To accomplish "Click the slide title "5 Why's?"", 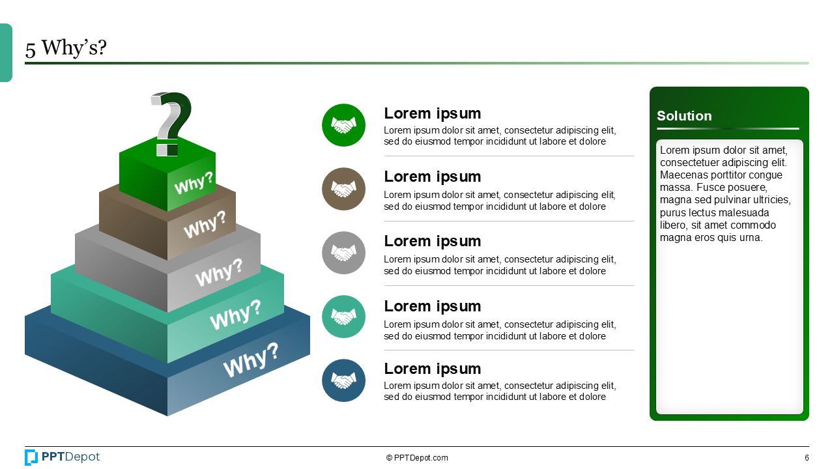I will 66,48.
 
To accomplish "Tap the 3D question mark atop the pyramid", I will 171,122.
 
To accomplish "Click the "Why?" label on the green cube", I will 194,184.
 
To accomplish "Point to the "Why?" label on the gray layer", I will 219,272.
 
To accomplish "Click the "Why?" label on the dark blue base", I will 251,360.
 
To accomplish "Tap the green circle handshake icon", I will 343,125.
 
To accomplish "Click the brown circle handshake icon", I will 343,189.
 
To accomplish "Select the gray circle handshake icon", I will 343,253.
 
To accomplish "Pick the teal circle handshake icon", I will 343,317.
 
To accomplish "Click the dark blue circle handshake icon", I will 343,380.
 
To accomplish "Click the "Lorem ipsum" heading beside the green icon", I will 432,113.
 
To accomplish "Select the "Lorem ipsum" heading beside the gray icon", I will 432,241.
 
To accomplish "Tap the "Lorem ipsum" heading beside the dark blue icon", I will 432,369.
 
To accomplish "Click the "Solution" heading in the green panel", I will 684,116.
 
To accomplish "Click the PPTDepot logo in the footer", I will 63,457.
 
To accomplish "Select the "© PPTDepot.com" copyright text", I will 417,458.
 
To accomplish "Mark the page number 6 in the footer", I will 807,458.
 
